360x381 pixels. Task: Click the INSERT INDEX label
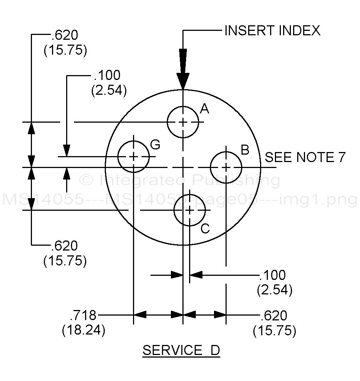pos(272,30)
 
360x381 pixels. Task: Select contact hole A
pos(183,122)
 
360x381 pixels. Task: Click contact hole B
pos(226,167)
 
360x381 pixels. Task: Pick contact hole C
pos(189,210)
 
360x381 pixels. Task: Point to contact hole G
pos(133,156)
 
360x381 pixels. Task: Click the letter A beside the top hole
pos(204,109)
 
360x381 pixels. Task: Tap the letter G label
pos(155,144)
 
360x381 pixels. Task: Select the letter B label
pos(245,150)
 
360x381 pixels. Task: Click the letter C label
pos(205,229)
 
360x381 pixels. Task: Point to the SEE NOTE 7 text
pos(305,157)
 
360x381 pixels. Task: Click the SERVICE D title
pos(181,351)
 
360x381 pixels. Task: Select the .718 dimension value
pos(83,316)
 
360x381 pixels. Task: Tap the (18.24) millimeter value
pos(84,330)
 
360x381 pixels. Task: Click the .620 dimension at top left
pos(65,36)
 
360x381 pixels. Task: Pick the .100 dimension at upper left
pos(107,75)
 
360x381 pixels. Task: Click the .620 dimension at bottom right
pos(274,316)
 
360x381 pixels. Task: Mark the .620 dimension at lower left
pos(65,246)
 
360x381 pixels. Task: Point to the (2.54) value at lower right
pos(275,290)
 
